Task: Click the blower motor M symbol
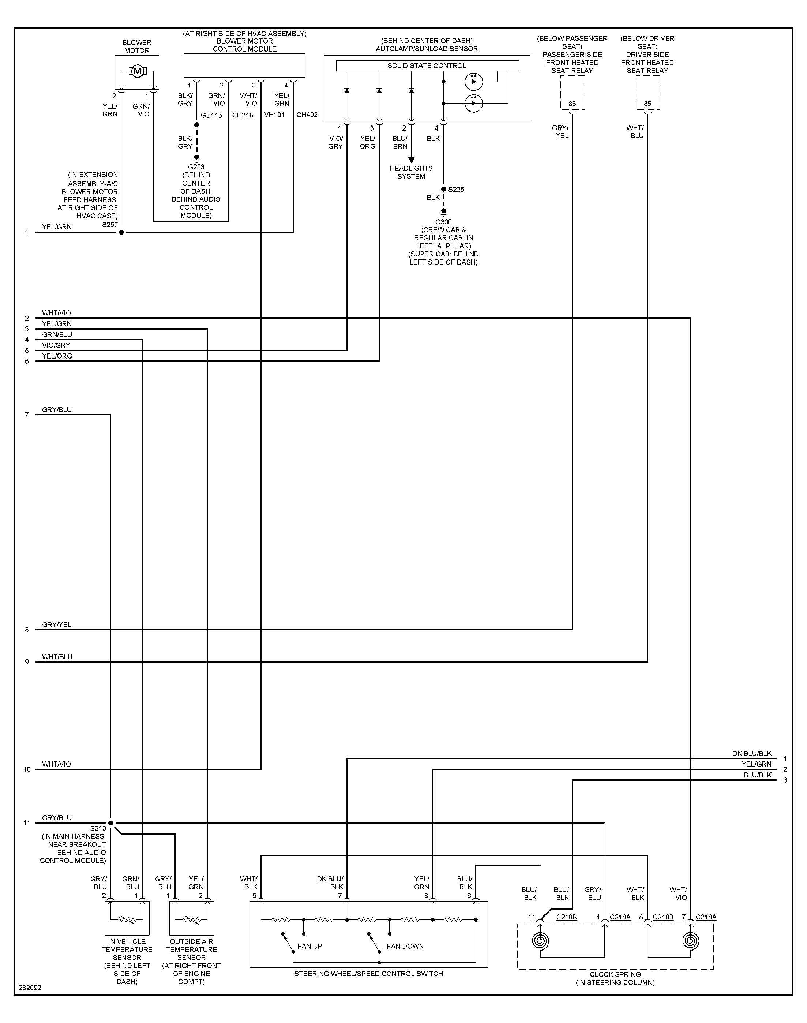137,71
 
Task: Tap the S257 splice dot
121,232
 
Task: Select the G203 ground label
196,167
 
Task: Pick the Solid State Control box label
427,66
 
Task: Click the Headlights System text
411,172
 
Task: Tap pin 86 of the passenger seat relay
572,104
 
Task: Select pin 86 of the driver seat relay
647,104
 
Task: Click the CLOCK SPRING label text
615,974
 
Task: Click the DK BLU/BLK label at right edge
752,754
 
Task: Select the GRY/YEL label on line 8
57,625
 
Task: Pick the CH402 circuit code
307,115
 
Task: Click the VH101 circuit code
274,115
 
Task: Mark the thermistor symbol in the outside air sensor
191,920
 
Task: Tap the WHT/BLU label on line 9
57,657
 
